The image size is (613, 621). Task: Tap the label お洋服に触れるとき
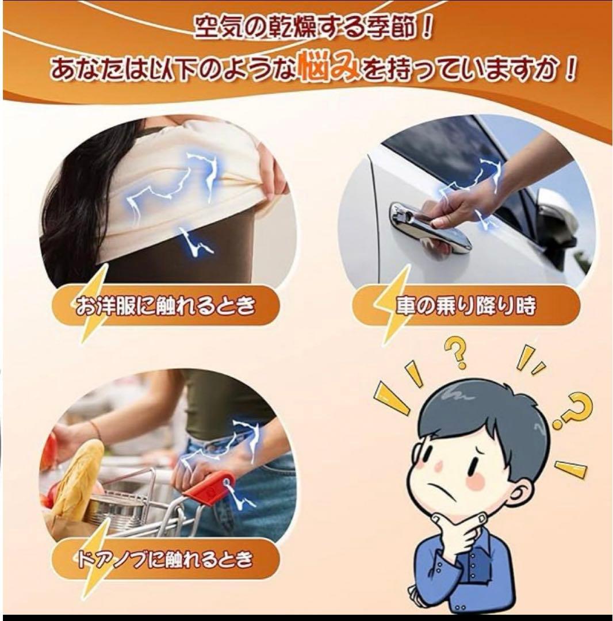166,306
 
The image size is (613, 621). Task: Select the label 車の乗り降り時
465,306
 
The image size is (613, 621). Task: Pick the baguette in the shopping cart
79,476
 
